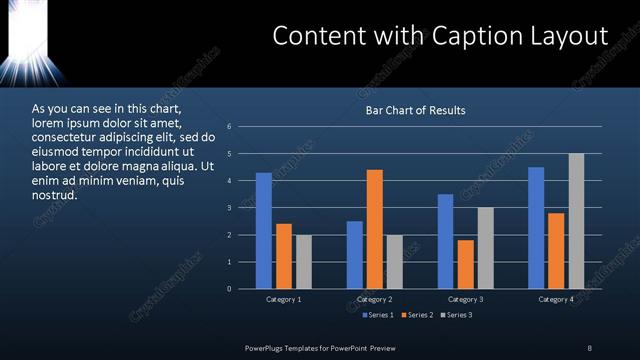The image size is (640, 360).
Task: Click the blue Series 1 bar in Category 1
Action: (x=263, y=231)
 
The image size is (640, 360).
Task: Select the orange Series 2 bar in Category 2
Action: (x=375, y=229)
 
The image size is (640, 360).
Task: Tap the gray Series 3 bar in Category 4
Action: (x=576, y=221)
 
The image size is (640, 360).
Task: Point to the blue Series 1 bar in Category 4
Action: (x=536, y=228)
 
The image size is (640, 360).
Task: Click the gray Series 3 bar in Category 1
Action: (x=303, y=262)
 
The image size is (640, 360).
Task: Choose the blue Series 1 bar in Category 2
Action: (x=355, y=255)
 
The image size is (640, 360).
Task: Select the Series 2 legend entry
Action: (x=417, y=315)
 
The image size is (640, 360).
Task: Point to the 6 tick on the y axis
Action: (x=229, y=127)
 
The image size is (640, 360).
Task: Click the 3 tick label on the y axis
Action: (x=229, y=208)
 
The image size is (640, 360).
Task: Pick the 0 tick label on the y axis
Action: (x=229, y=289)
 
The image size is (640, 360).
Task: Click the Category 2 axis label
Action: (x=375, y=300)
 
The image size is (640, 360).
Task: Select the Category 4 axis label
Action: (x=556, y=300)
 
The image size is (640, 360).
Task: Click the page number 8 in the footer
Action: (x=589, y=347)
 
